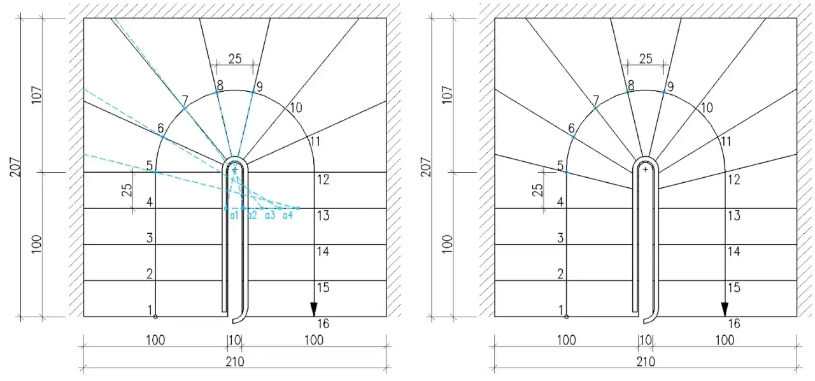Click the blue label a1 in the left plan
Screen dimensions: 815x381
pos(234,215)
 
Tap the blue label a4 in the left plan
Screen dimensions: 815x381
pos(287,215)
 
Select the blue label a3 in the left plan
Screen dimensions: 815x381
pos(269,215)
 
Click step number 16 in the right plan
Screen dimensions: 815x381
pos(734,324)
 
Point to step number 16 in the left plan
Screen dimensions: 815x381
pos(323,324)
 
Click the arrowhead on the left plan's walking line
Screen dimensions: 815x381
pos(314,309)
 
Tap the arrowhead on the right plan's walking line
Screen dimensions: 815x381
pos(725,309)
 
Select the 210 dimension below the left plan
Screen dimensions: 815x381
pos(235,362)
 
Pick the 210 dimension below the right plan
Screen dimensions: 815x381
pos(646,362)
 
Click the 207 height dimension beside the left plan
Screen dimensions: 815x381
pos(15,167)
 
